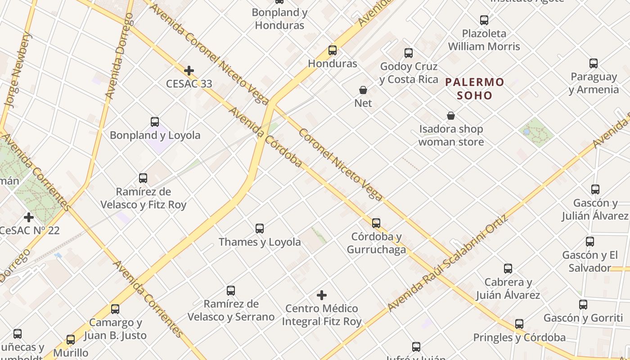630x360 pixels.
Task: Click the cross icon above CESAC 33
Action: [x=189, y=71]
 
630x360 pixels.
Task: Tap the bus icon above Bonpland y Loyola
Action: [x=155, y=122]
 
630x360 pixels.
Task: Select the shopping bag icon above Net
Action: [x=363, y=90]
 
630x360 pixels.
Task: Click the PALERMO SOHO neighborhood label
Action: [x=475, y=89]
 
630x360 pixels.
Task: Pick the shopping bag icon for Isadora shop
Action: [x=451, y=116]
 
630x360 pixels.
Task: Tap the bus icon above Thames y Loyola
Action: [x=260, y=229]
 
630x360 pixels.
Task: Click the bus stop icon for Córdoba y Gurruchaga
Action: [x=376, y=223]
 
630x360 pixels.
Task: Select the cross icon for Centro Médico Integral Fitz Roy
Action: [x=321, y=295]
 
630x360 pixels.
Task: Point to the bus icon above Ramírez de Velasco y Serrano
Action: [x=231, y=291]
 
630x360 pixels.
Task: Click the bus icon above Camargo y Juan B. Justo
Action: [x=115, y=309]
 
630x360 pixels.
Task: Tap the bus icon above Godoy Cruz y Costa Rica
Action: [x=409, y=53]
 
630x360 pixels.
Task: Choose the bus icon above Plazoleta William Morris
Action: [x=484, y=20]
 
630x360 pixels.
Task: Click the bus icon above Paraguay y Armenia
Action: [x=594, y=63]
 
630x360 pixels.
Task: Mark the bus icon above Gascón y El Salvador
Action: [x=590, y=242]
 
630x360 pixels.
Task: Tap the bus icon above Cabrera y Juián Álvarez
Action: [x=508, y=269]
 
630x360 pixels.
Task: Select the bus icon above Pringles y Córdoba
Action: [x=519, y=324]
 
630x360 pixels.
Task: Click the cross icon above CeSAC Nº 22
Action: [x=29, y=217]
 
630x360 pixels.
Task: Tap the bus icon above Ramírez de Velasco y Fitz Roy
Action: [x=143, y=178]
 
